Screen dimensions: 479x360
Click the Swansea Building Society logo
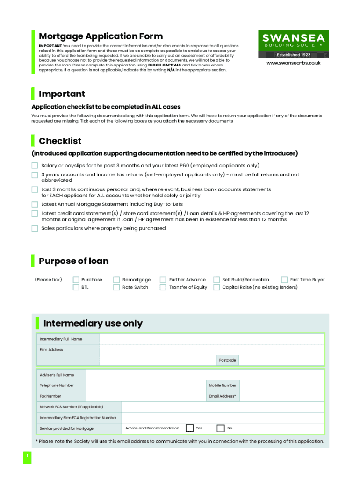[294, 44]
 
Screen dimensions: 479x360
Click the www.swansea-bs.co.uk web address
[294, 63]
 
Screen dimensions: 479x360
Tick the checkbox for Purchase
[76, 280]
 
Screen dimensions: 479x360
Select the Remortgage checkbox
[116, 280]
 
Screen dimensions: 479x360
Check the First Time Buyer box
[284, 280]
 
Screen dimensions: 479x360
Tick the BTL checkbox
[76, 287]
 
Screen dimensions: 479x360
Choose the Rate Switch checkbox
[116, 287]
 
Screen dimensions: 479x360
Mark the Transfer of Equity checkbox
[163, 287]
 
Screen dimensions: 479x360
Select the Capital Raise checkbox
[216, 287]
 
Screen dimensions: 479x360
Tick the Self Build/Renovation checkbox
[216, 280]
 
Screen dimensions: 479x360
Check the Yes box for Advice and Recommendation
[190, 428]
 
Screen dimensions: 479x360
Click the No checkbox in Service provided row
[221, 428]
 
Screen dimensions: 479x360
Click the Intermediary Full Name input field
[211, 339]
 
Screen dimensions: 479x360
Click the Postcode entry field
[281, 360]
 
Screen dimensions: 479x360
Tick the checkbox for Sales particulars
[35, 229]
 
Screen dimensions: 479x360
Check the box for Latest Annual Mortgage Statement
[35, 204]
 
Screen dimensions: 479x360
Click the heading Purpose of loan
[73, 261]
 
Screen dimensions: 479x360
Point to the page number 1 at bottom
[28, 457]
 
